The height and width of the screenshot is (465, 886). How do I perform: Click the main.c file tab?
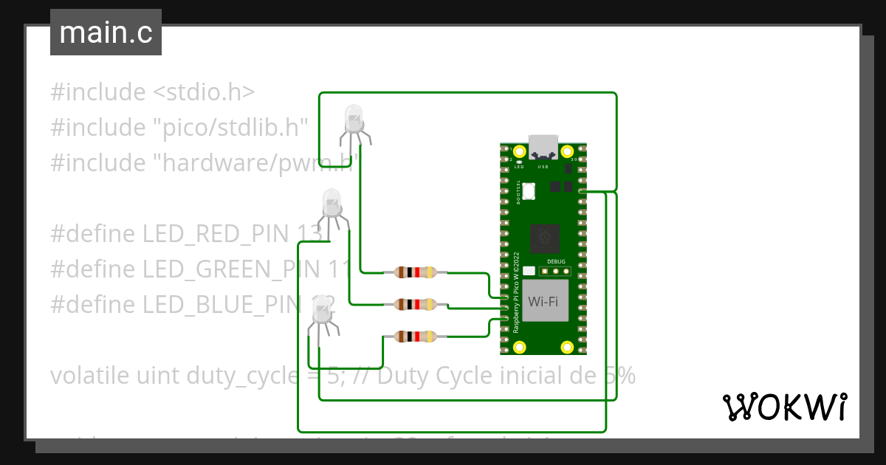point(106,32)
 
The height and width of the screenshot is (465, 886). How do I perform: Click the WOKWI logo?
point(783,407)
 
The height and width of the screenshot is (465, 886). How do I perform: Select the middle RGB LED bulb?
point(332,201)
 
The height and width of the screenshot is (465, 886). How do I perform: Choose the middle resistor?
point(416,303)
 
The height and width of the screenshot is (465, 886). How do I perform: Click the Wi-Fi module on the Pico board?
point(543,301)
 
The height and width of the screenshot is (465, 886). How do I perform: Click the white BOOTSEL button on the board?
point(529,192)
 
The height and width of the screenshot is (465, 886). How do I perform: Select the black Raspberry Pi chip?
point(544,238)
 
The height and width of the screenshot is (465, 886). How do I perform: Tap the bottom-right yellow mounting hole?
point(566,346)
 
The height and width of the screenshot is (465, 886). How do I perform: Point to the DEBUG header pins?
point(557,271)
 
